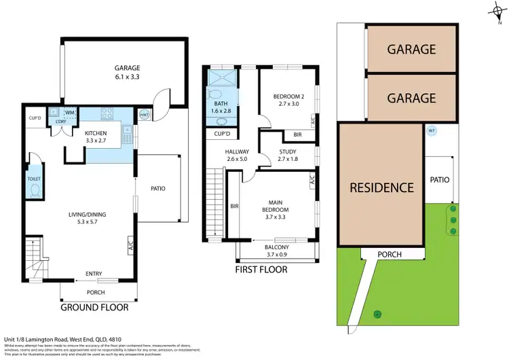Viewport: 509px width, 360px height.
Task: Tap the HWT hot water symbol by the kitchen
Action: pyautogui.click(x=143, y=114)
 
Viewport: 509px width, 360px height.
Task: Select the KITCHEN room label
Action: pyautogui.click(x=96, y=133)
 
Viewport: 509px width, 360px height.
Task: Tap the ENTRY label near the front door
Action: pyautogui.click(x=93, y=274)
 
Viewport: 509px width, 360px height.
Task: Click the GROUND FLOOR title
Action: pyautogui.click(x=94, y=307)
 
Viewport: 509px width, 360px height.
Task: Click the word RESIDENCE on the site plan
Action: pyautogui.click(x=381, y=187)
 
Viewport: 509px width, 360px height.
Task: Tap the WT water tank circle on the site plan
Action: pyautogui.click(x=432, y=132)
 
